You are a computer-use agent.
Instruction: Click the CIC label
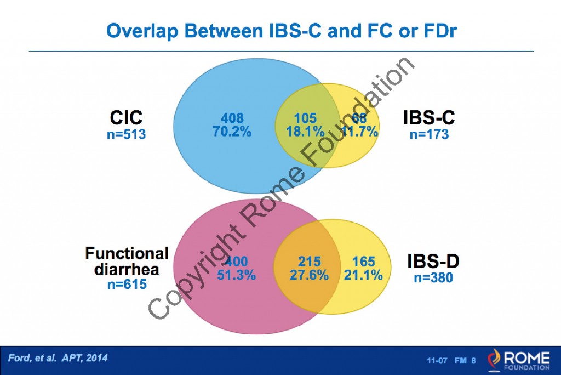(x=126, y=117)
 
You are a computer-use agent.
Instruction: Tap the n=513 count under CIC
(x=126, y=133)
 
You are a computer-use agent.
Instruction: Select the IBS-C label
(x=429, y=117)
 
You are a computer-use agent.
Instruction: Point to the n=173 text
(x=429, y=134)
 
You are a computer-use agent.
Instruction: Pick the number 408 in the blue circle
(x=232, y=118)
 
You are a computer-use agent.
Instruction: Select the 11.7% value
(x=359, y=132)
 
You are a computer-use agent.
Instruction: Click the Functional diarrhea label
(x=127, y=261)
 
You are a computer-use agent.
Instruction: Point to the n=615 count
(x=127, y=284)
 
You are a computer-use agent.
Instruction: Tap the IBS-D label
(x=433, y=262)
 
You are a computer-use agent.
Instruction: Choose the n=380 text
(x=433, y=278)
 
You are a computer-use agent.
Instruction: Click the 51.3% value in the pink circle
(x=236, y=275)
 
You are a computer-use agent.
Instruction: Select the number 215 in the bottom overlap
(x=310, y=262)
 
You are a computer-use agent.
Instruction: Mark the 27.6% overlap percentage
(x=310, y=275)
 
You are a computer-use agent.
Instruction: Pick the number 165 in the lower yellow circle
(x=363, y=262)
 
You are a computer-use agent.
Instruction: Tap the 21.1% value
(x=363, y=275)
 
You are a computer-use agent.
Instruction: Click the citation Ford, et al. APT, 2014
(x=58, y=358)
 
